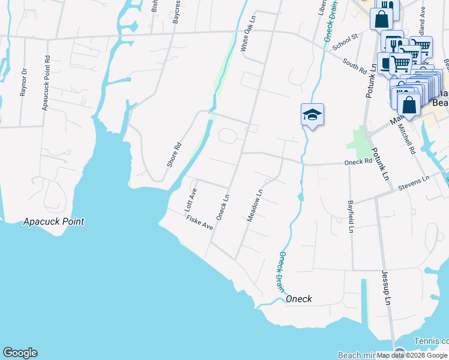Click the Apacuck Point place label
pos(54,221)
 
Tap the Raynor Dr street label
pos(23,82)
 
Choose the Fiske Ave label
pos(200,224)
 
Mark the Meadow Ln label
pos(256,206)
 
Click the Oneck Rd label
pos(358,162)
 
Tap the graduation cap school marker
pos(312,114)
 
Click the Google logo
pos(20,353)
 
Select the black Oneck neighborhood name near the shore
pos(298,299)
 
